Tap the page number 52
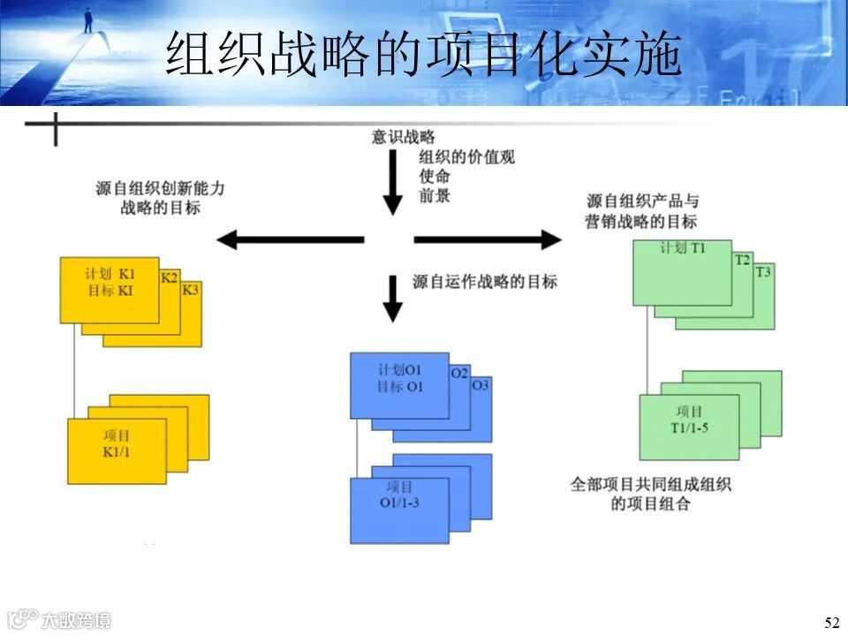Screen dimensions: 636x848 coord(831,623)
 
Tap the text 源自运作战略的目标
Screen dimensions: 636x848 coord(485,282)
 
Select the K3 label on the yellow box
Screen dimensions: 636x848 coord(191,290)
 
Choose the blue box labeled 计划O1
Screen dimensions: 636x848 coord(399,385)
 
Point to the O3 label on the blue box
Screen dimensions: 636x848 coord(481,386)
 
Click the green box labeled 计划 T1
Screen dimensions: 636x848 coord(682,272)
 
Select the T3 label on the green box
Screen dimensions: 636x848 coord(763,272)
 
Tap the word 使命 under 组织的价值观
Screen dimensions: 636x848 coord(435,177)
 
